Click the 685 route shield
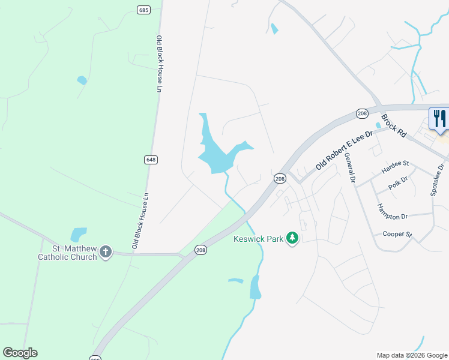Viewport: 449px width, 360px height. click(x=143, y=10)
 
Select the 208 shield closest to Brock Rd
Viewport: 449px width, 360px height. click(x=362, y=113)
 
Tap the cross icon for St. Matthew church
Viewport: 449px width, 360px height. click(x=106, y=252)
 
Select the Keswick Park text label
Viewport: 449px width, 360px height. click(x=258, y=239)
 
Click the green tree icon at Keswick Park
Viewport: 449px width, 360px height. click(x=292, y=238)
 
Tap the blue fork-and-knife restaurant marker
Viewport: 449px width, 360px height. click(x=439, y=118)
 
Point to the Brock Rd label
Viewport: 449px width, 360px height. click(x=394, y=124)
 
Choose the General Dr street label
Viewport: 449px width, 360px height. click(x=349, y=167)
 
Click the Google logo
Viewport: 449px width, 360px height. click(x=20, y=353)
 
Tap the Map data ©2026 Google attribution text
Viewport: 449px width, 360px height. click(x=412, y=355)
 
